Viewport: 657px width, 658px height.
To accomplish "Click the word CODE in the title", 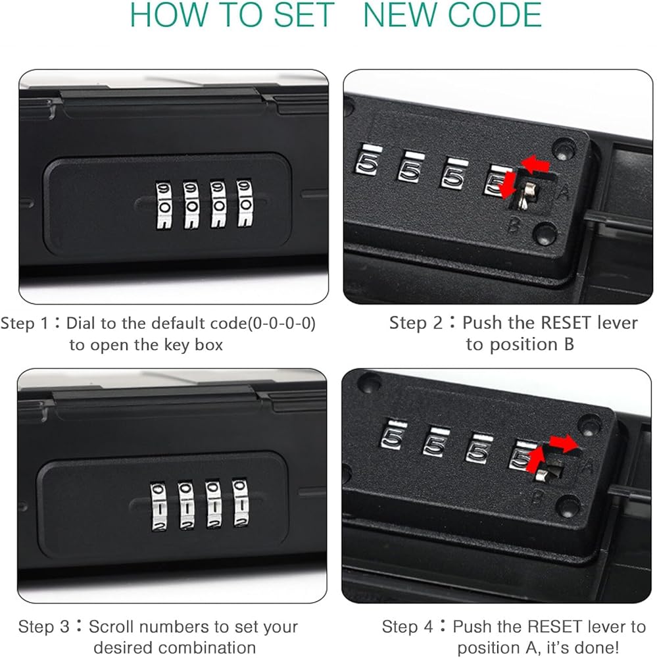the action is [x=495, y=14].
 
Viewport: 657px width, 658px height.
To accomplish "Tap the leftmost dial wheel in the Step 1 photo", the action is [x=164, y=205].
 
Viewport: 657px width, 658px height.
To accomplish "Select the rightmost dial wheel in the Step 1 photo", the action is [x=245, y=203].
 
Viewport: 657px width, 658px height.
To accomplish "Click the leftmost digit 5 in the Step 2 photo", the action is [x=368, y=163].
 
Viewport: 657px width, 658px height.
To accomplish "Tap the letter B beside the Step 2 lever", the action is [x=514, y=224].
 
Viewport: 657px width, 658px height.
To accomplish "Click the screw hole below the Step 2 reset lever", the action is [x=545, y=233].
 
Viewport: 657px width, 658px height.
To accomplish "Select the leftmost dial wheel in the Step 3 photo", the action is [x=159, y=507].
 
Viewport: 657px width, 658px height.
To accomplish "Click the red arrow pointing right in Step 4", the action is [x=564, y=443].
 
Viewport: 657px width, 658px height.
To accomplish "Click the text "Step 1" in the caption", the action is [x=25, y=323].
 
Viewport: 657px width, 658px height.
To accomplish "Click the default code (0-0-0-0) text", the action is [x=281, y=324].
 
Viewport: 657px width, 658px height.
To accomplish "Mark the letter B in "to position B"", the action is [x=569, y=345].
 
